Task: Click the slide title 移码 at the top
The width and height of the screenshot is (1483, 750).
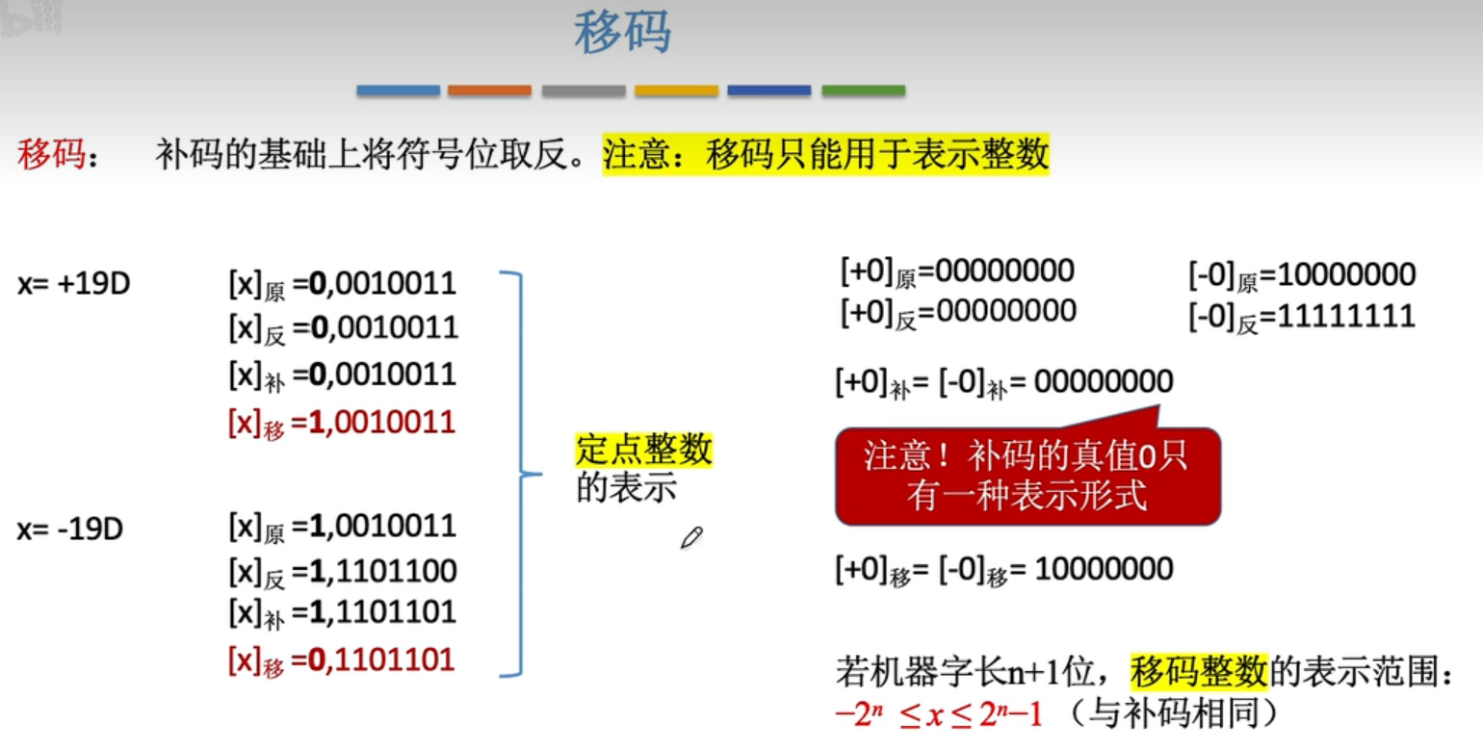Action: pyautogui.click(x=623, y=35)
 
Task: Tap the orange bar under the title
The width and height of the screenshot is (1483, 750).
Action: pyautogui.click(x=489, y=91)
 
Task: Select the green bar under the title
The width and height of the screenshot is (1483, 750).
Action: pyautogui.click(x=863, y=91)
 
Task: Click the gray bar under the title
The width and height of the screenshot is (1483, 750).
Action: pyautogui.click(x=583, y=91)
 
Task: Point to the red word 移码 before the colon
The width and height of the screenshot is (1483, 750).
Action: pyautogui.click(x=50, y=154)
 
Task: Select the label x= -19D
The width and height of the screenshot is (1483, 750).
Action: pyautogui.click(x=69, y=529)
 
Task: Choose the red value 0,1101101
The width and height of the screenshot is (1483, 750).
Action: pyautogui.click(x=381, y=660)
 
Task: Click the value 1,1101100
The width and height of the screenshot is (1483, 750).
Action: pyautogui.click(x=381, y=571)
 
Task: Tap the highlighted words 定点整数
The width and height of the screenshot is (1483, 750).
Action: pyautogui.click(x=644, y=450)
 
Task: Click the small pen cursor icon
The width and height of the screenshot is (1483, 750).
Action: pyautogui.click(x=690, y=538)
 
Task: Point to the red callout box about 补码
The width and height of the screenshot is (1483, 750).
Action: pyautogui.click(x=1027, y=476)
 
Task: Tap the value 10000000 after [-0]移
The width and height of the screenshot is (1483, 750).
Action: pyautogui.click(x=1104, y=569)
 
